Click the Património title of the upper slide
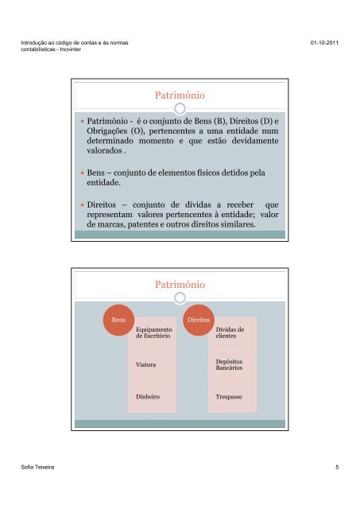coord(180,95)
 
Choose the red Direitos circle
coord(196,319)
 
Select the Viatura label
coord(146,365)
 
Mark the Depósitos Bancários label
coord(230,365)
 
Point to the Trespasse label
coord(230,395)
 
